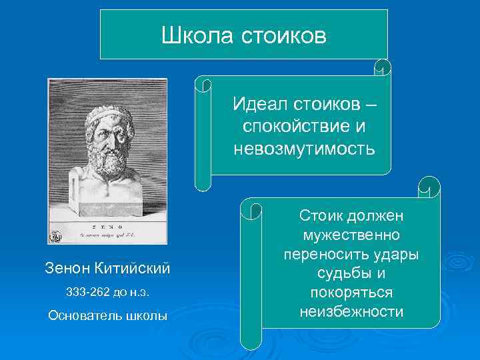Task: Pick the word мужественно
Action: (351, 236)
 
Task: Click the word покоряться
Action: (351, 293)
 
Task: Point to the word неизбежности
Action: (351, 311)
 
